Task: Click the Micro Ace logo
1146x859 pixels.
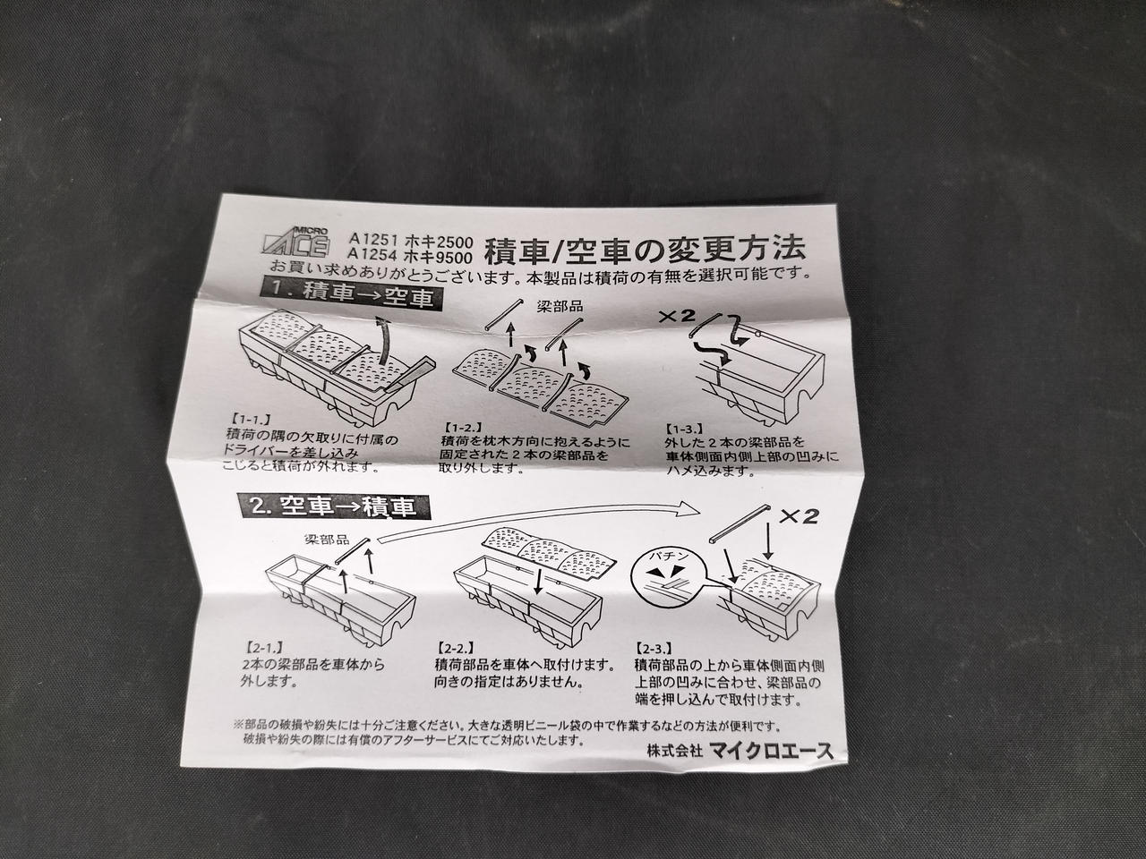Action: tap(296, 242)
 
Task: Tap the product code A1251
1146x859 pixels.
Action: tap(374, 240)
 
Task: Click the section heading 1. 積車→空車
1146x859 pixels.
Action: tap(351, 294)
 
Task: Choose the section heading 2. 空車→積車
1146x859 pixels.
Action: tap(334, 506)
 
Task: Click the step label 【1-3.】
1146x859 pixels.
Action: tap(684, 429)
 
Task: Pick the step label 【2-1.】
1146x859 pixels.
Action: tap(263, 647)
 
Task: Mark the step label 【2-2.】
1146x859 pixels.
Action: tap(455, 649)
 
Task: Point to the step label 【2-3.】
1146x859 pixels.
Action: tap(655, 649)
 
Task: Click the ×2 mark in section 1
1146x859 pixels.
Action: tap(677, 316)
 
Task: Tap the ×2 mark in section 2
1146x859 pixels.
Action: tap(799, 515)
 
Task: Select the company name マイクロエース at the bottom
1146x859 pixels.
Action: tap(771, 751)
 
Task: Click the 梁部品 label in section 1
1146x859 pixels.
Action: tap(560, 306)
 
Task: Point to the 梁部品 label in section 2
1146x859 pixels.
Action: tap(328, 540)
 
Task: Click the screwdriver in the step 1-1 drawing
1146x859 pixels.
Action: tap(409, 375)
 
